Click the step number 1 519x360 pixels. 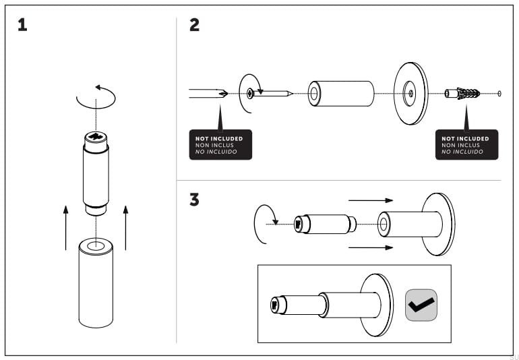coord(23,26)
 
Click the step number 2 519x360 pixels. coord(194,26)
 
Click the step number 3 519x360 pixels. coord(194,200)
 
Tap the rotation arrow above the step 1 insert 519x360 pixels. coord(96,98)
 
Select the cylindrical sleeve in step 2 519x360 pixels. coord(341,93)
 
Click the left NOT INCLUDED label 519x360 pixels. coord(220,144)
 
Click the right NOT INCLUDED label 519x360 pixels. coord(466,144)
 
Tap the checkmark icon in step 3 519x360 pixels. coord(421,304)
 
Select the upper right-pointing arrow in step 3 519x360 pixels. coord(370,200)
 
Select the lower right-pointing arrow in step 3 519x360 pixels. coord(370,248)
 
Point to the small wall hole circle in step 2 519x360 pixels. coord(499,93)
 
